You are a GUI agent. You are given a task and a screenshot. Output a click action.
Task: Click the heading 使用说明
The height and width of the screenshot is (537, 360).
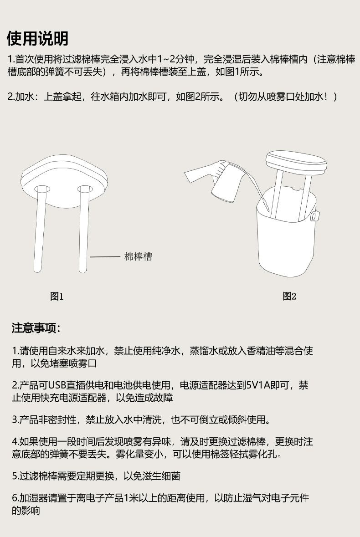click(x=37, y=39)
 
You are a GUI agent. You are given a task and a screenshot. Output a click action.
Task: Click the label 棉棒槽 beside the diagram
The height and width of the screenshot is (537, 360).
click(x=138, y=257)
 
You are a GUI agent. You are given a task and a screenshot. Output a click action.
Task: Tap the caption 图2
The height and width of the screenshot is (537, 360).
click(x=289, y=297)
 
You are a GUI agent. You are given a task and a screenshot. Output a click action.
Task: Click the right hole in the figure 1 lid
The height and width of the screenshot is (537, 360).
click(x=84, y=189)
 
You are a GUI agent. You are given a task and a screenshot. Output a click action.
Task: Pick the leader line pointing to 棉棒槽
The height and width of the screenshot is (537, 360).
click(x=105, y=257)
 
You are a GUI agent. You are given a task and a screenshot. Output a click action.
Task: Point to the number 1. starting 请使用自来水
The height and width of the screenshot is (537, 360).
click(x=15, y=351)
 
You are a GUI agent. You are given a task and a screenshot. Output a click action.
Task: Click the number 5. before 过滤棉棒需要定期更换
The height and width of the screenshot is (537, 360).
click(x=15, y=476)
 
